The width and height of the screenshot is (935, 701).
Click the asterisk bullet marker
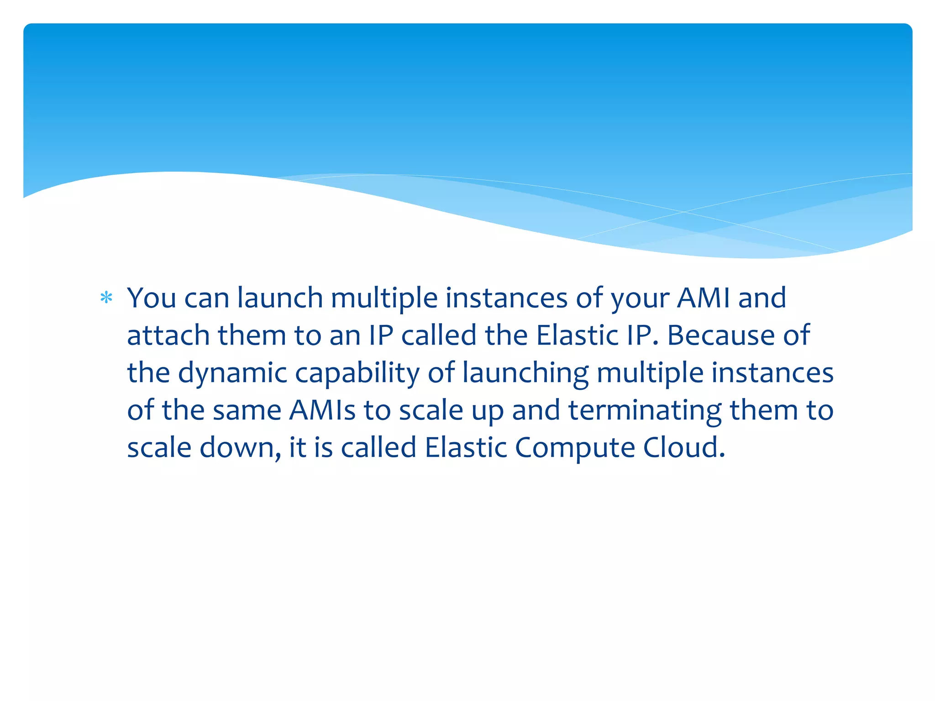pyautogui.click(x=106, y=298)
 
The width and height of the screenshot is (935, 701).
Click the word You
pyautogui.click(x=151, y=298)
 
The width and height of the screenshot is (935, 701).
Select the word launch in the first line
pyautogui.click(x=280, y=298)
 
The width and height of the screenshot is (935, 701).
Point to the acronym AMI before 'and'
pyautogui.click(x=703, y=298)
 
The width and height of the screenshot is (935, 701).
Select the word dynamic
pyautogui.click(x=232, y=373)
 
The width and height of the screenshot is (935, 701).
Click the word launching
pyautogui.click(x=525, y=373)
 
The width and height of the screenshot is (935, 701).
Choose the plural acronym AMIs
pyautogui.click(x=322, y=410)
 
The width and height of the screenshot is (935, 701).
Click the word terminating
pyautogui.click(x=645, y=410)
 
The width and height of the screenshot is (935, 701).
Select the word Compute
pyautogui.click(x=575, y=448)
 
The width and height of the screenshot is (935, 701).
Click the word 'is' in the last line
pyautogui.click(x=323, y=448)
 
